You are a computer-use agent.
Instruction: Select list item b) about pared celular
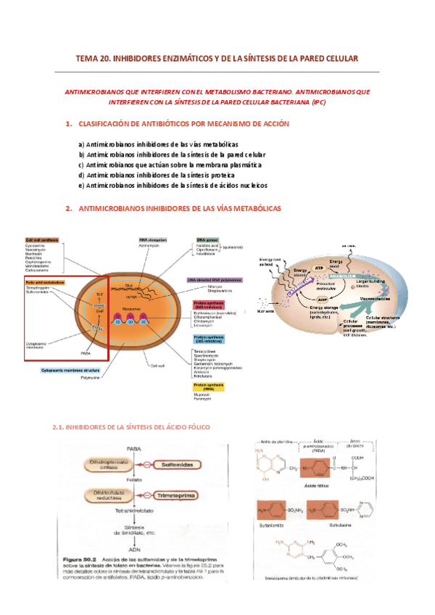[172, 154]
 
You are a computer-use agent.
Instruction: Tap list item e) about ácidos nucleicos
[173, 185]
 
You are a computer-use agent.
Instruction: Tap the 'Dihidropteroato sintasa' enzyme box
[104, 464]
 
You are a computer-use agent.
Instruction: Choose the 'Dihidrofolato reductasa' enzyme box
[104, 496]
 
